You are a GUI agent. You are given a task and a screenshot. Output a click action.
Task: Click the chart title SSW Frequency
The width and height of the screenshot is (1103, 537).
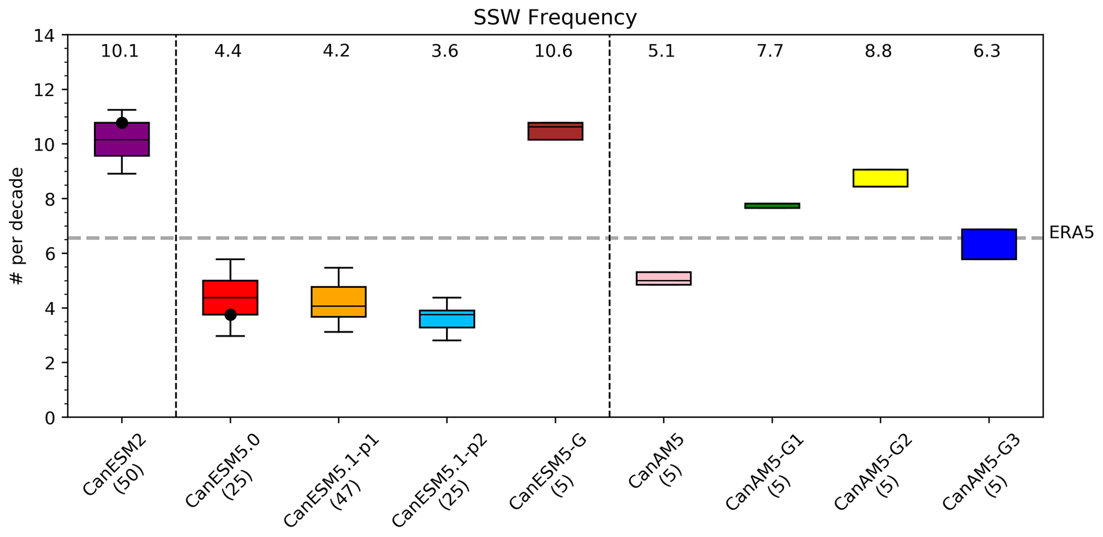point(555,18)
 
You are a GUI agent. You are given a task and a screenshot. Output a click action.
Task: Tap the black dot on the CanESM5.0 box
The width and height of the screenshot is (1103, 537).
point(231,315)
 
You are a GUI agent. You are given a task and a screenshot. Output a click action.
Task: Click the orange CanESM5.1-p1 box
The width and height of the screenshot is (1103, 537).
point(338,302)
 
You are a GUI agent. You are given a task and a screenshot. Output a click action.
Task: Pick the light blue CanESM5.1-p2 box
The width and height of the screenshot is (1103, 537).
point(447,319)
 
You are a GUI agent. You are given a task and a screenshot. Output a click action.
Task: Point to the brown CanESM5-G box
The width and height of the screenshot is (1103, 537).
point(555,131)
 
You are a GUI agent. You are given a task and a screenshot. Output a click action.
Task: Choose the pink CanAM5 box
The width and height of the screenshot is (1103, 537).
point(663,278)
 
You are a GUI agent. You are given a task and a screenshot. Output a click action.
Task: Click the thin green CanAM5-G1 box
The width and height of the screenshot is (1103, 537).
point(772,206)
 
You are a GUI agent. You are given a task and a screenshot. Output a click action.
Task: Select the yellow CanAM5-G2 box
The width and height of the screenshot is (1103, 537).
point(880,178)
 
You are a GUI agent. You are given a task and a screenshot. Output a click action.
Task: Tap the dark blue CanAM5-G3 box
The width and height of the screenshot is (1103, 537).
point(988,244)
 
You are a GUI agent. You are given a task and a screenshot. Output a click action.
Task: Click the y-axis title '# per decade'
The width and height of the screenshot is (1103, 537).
point(17,226)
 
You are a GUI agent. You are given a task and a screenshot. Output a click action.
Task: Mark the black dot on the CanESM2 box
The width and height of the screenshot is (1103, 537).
point(122,123)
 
